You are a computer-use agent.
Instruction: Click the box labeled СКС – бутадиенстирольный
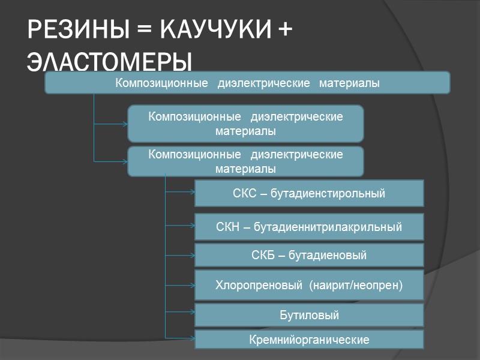click(309, 193)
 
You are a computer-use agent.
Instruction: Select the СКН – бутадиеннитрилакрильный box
click(309, 227)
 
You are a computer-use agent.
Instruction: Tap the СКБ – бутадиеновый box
click(309, 256)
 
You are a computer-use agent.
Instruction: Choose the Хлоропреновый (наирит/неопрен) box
click(309, 285)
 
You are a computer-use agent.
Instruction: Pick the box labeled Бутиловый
click(309, 315)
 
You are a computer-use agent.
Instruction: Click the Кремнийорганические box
click(309, 340)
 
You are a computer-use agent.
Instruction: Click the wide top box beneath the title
click(247, 83)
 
